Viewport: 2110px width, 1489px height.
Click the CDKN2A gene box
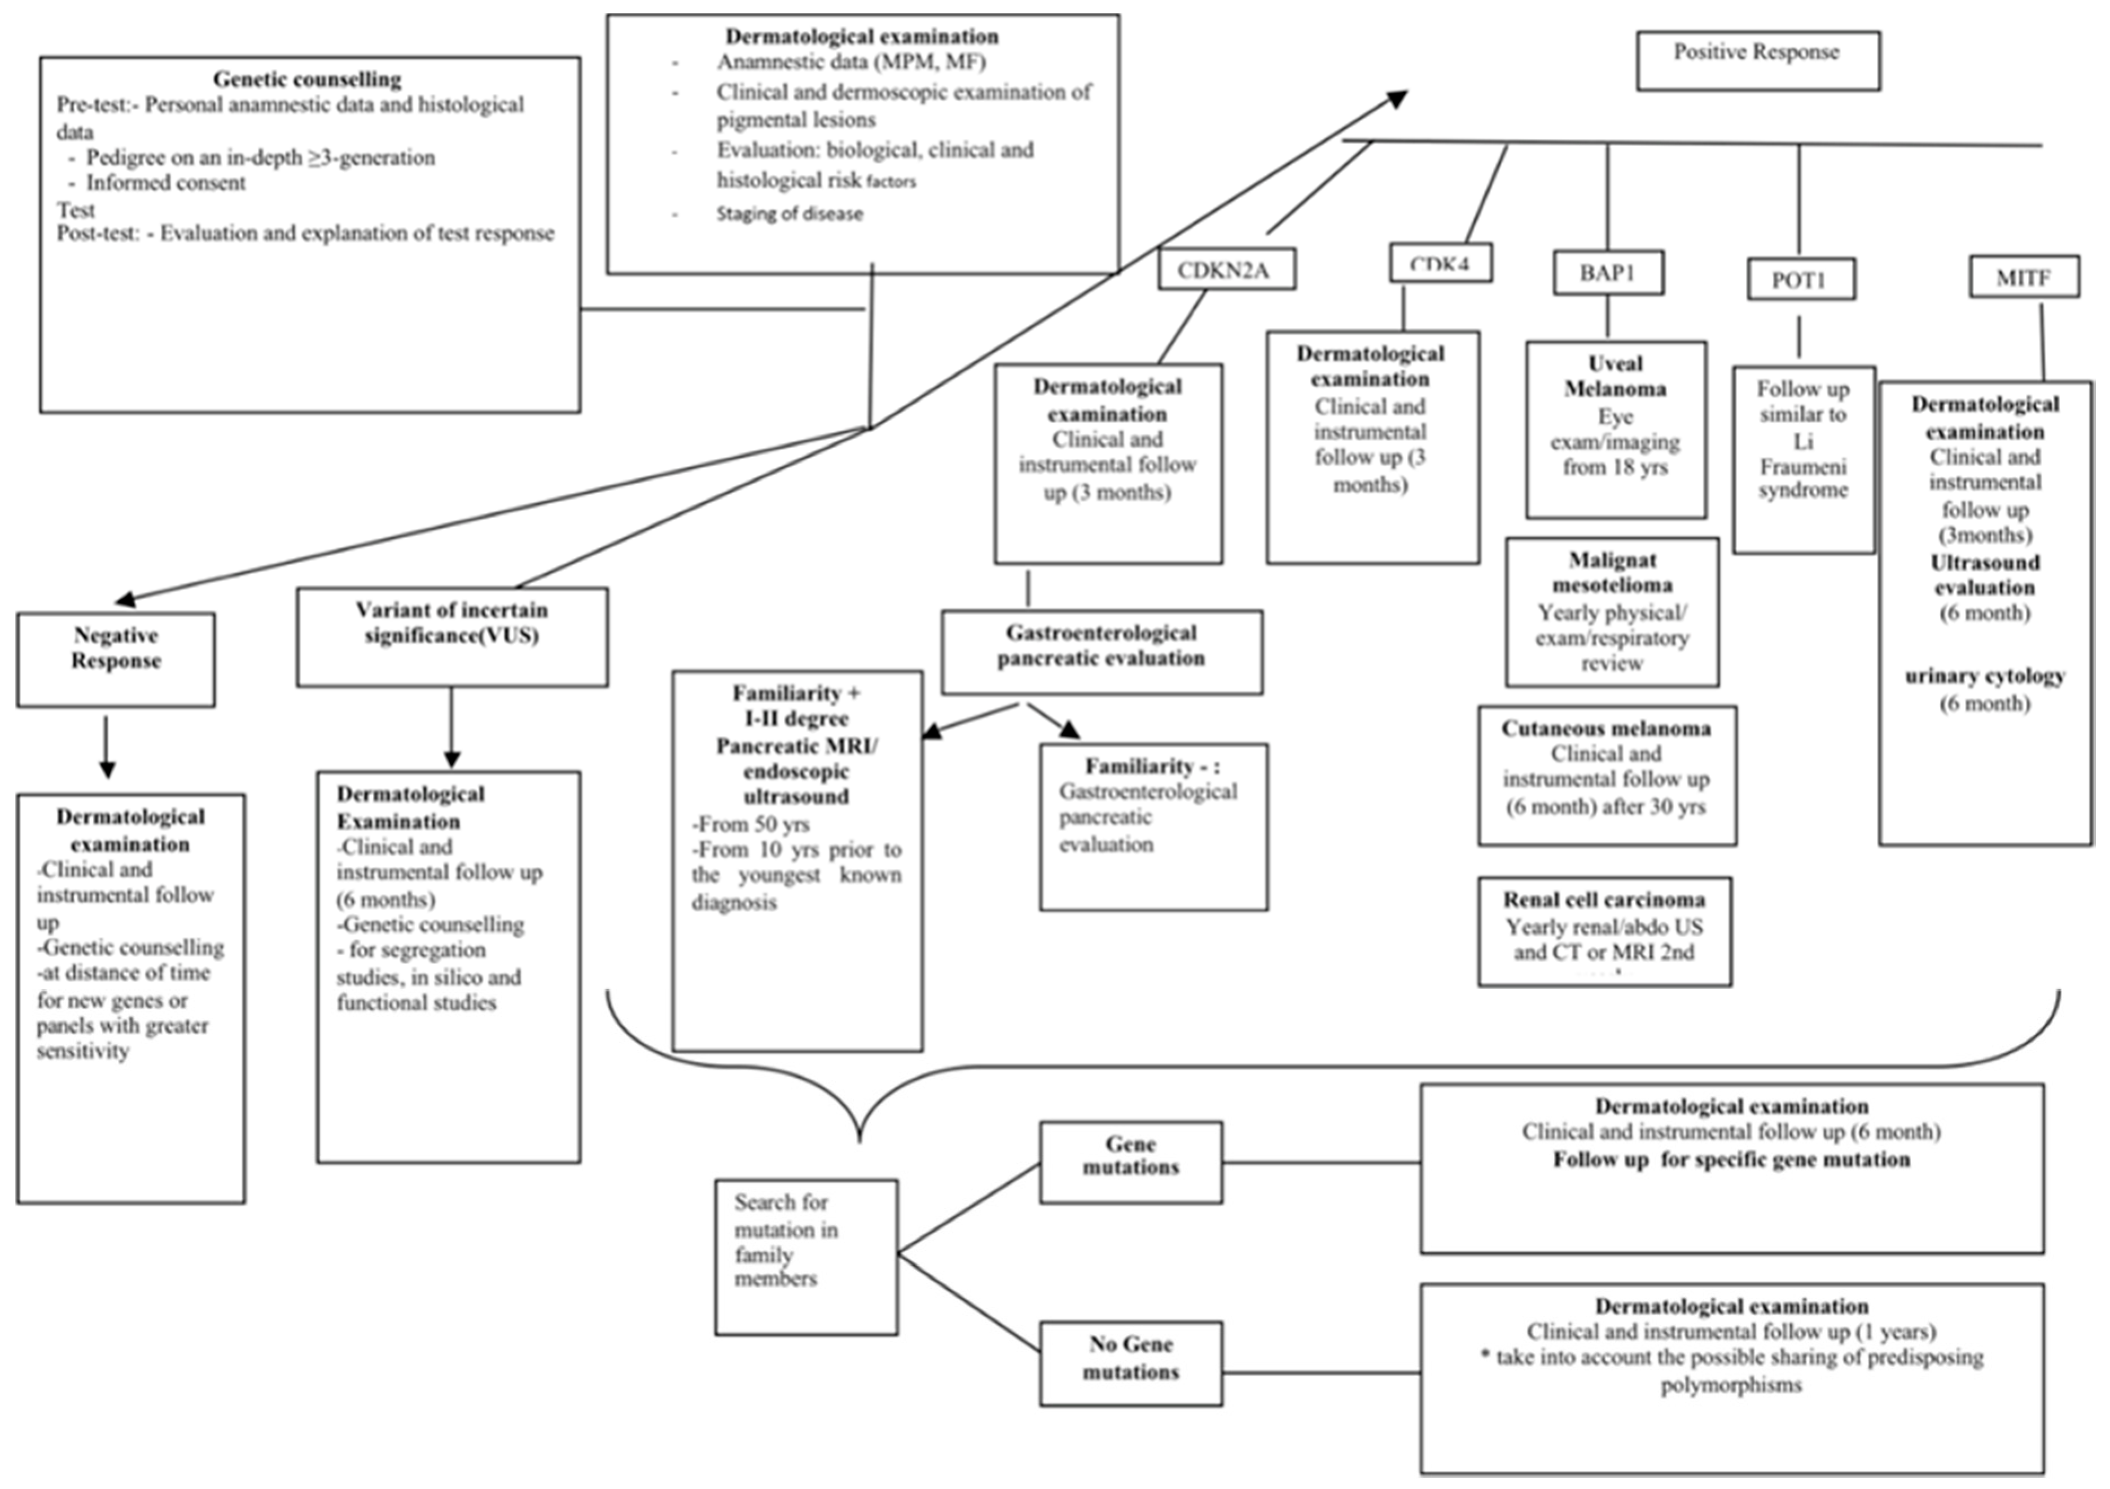pyautogui.click(x=1226, y=270)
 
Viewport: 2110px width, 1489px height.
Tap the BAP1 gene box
pyautogui.click(x=1607, y=273)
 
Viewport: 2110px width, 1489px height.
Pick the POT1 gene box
pyautogui.click(x=1800, y=279)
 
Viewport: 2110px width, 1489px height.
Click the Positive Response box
pyautogui.click(x=1757, y=60)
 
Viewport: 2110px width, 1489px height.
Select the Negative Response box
pyautogui.click(x=116, y=659)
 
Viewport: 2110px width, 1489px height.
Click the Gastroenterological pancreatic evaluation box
pyautogui.click(x=1101, y=651)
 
